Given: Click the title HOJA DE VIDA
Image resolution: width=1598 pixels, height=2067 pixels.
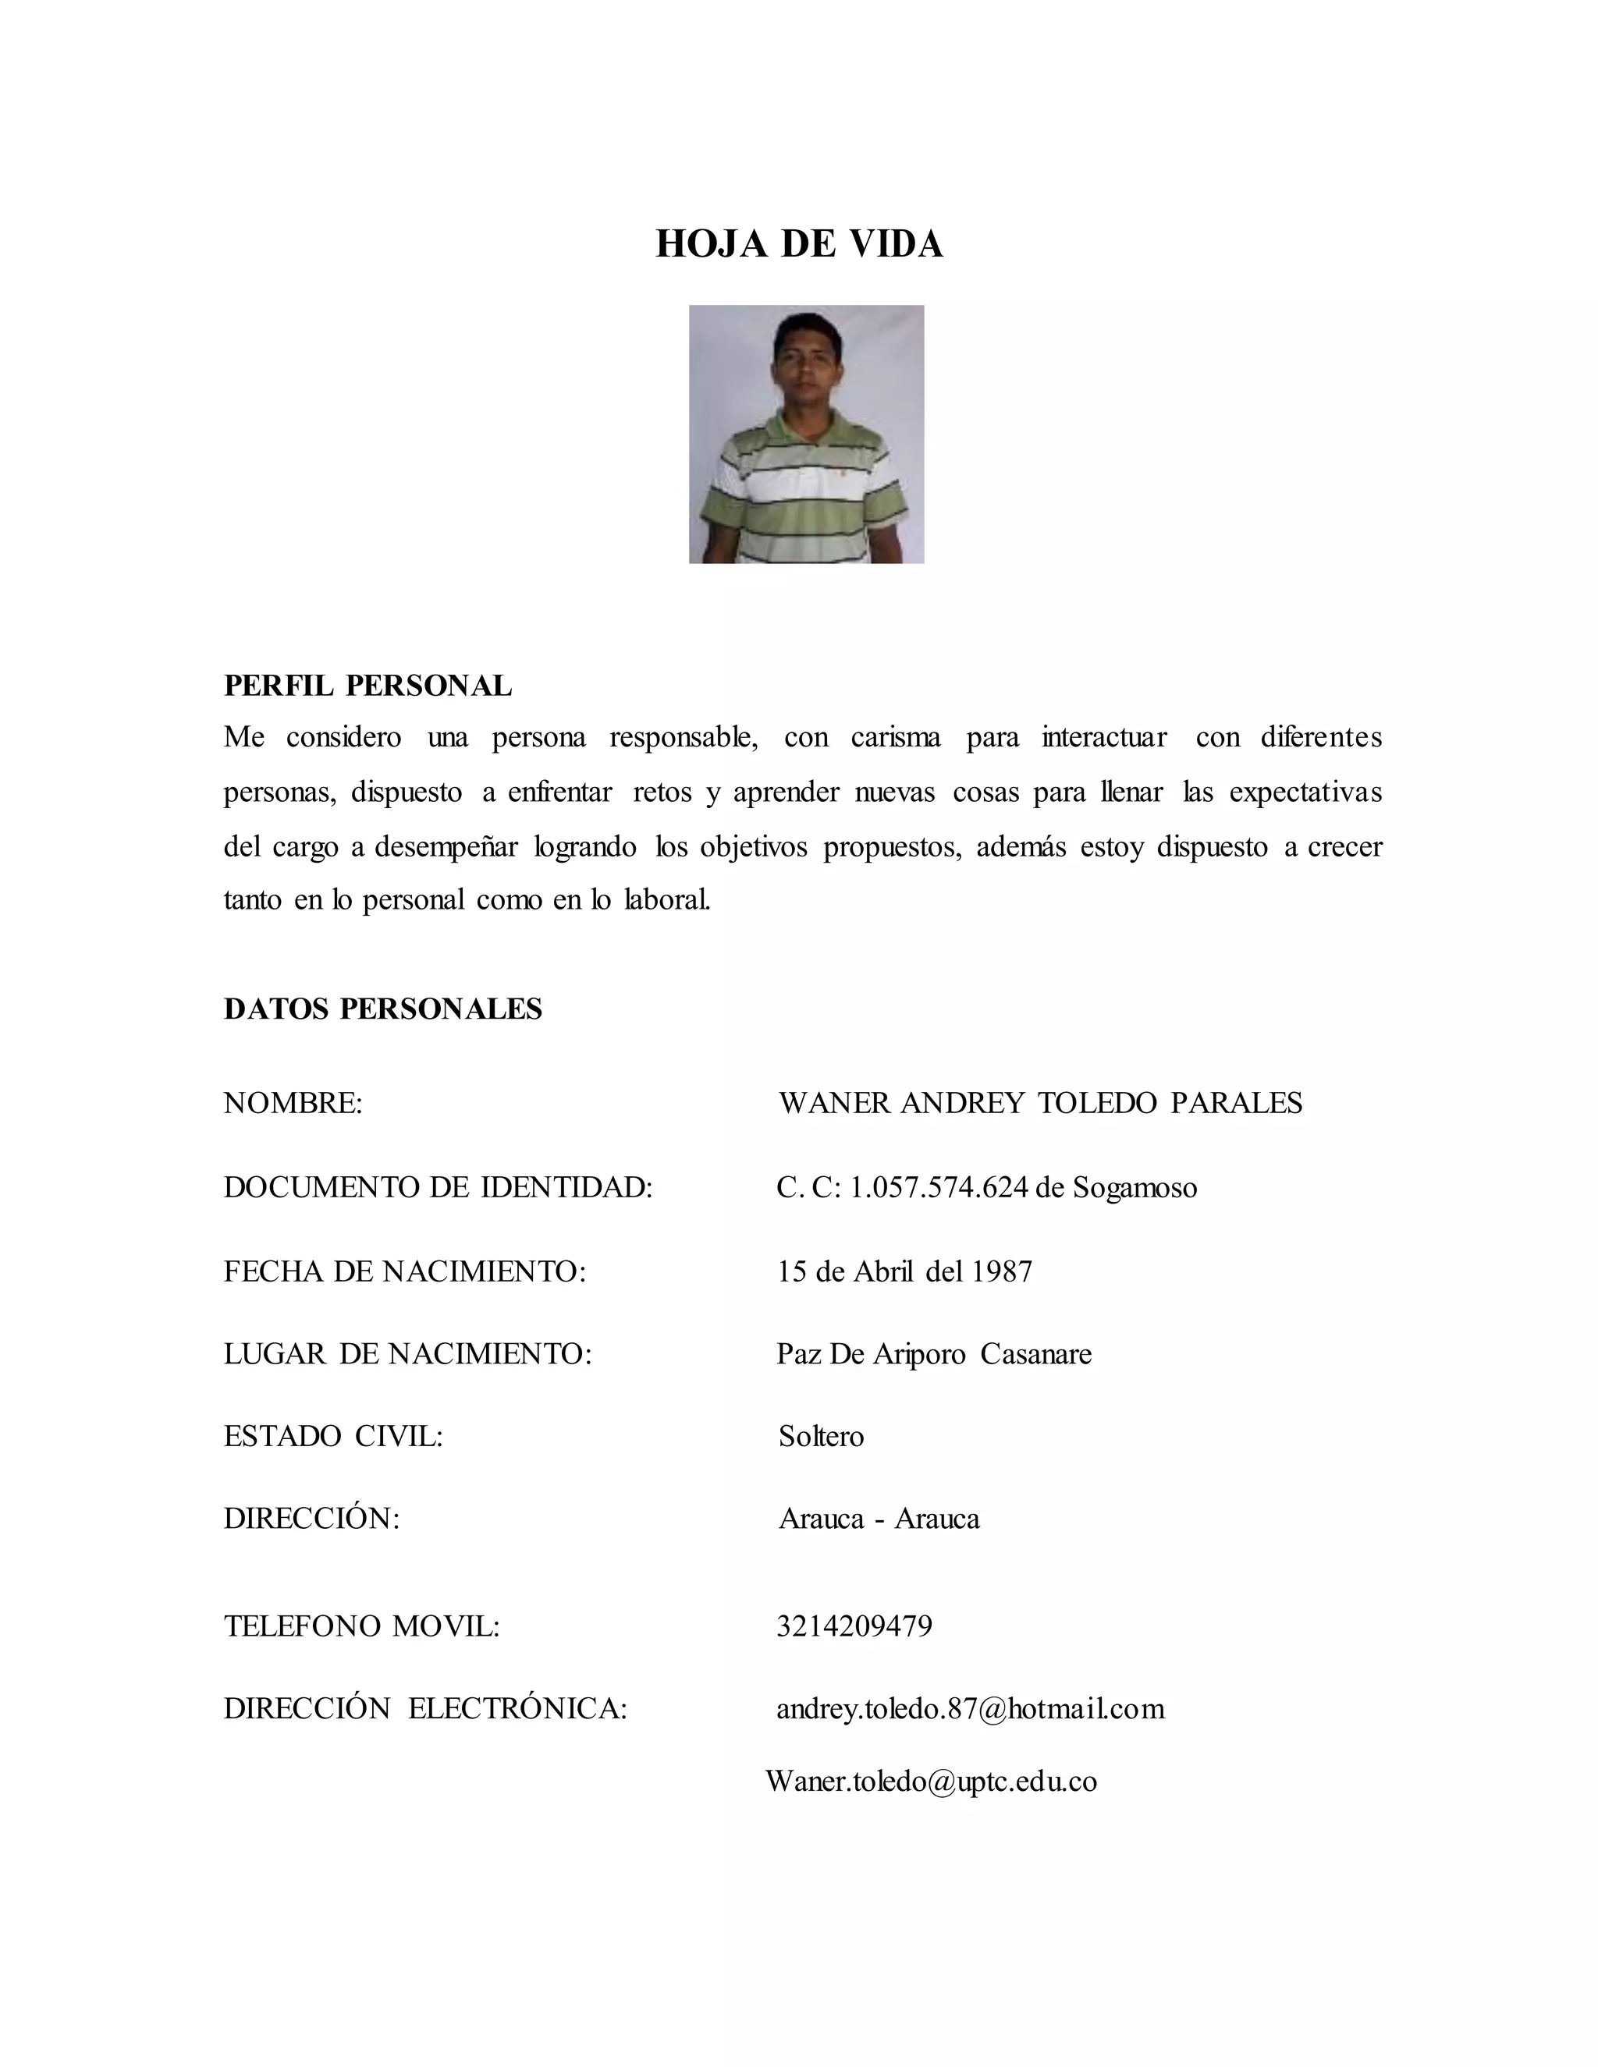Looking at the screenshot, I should (799, 244).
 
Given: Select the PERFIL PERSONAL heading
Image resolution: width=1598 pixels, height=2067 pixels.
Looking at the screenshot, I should (368, 685).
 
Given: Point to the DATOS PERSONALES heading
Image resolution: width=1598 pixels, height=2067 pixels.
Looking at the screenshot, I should (382, 1009).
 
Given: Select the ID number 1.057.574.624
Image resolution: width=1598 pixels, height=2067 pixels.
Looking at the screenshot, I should (938, 1187).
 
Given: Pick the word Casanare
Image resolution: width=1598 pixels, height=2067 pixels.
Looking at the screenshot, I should (1035, 1353).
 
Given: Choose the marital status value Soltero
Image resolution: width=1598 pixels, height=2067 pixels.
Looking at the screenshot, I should (821, 1436).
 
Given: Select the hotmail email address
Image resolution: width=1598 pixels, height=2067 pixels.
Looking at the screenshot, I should (971, 1708).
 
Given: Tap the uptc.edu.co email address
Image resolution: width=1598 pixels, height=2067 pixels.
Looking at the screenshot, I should (931, 1782).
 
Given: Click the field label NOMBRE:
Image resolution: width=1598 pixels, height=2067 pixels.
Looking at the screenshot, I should (293, 1103).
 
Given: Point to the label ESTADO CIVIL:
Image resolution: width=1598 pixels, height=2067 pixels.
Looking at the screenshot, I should (333, 1436).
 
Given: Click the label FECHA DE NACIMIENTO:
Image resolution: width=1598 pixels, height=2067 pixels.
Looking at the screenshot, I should (405, 1270).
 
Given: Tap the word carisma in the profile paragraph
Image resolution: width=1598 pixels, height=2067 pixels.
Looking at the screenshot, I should (896, 737).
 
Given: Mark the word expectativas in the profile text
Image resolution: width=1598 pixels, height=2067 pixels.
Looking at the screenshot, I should (1305, 791).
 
